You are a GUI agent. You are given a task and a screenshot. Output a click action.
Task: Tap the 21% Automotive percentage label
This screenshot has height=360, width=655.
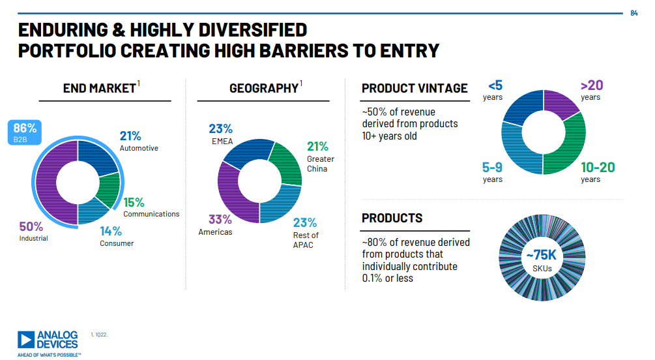pyautogui.click(x=130, y=136)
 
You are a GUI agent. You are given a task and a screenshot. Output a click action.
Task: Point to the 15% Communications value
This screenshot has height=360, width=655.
pyautogui.click(x=134, y=202)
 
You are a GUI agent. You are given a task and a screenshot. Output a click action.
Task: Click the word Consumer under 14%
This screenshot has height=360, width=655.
pyautogui.click(x=117, y=243)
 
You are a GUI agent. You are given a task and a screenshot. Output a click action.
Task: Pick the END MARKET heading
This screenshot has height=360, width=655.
pyautogui.click(x=99, y=88)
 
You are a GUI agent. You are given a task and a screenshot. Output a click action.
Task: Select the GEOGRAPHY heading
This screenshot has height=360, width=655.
pyautogui.click(x=263, y=88)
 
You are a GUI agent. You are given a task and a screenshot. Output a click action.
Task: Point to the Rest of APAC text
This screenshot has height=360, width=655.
pyautogui.click(x=306, y=240)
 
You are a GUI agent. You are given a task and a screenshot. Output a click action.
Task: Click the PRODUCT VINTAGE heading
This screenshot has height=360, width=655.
pyautogui.click(x=415, y=88)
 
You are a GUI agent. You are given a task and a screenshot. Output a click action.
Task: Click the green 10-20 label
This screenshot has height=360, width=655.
pyautogui.click(x=598, y=168)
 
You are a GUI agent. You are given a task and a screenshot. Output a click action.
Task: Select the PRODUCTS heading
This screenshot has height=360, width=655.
pyautogui.click(x=392, y=218)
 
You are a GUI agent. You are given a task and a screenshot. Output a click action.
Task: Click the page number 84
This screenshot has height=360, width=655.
pyautogui.click(x=634, y=13)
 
